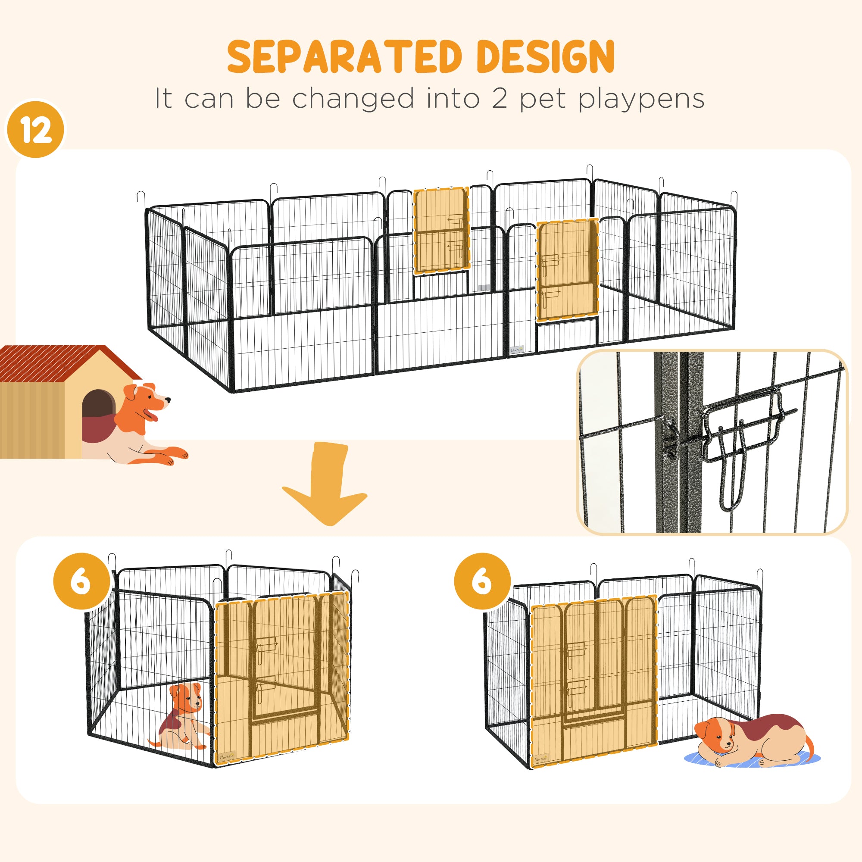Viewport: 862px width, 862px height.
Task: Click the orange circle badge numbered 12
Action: click(x=35, y=130)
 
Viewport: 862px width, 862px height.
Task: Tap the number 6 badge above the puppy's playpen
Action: click(x=81, y=581)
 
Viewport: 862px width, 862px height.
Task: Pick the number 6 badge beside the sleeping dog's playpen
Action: click(x=482, y=581)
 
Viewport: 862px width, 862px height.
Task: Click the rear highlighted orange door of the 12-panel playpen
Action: click(x=441, y=230)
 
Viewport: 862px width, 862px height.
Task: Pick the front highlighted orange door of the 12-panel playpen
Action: click(x=567, y=270)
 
